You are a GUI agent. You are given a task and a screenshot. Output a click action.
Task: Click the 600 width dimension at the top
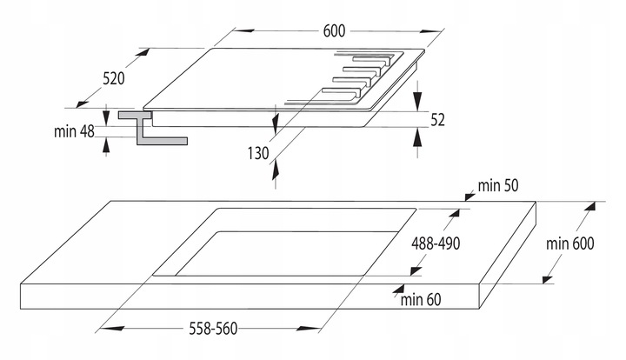(x=335, y=30)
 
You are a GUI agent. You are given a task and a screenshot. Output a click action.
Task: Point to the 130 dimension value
(x=258, y=153)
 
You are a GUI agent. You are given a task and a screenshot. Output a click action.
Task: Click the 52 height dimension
(x=437, y=120)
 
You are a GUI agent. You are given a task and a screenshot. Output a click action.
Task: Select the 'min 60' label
(x=423, y=300)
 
